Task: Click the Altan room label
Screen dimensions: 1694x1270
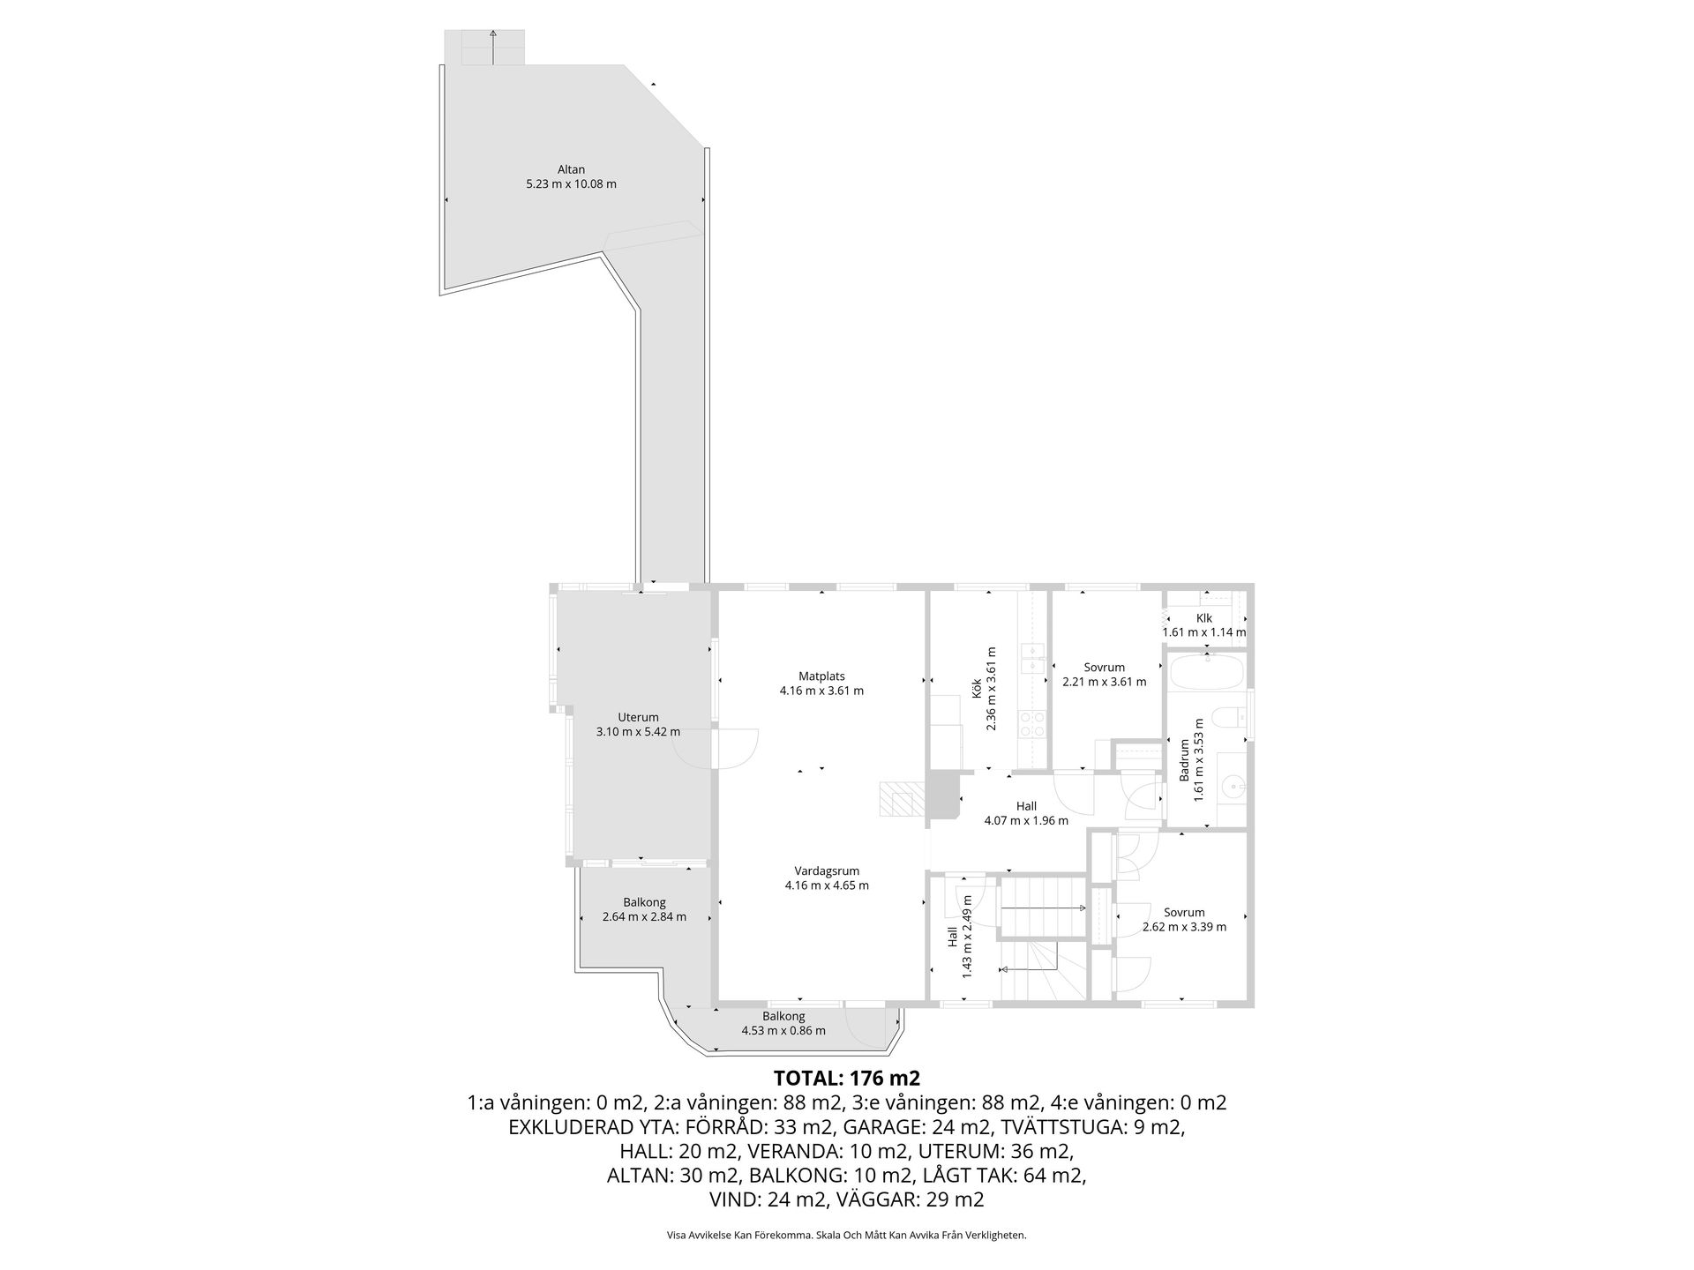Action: (x=571, y=170)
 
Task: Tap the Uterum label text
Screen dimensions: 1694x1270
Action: (x=638, y=717)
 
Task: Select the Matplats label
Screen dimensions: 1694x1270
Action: (x=821, y=676)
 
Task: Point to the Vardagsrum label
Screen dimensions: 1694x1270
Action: (x=827, y=870)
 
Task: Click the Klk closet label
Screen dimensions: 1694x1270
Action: (x=1204, y=618)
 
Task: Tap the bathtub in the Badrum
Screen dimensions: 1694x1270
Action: (x=1205, y=672)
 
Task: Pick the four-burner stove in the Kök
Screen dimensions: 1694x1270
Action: (x=1032, y=724)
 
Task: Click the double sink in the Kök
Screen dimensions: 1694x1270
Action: (x=1032, y=659)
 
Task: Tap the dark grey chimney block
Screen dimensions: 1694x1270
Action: (x=942, y=795)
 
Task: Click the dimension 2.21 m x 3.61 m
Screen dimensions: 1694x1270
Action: (x=1104, y=682)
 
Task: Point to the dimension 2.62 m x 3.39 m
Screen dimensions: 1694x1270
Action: (x=1184, y=927)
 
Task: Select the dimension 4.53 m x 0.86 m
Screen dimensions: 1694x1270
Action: (x=783, y=1031)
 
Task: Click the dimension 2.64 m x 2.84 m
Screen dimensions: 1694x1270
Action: (x=644, y=917)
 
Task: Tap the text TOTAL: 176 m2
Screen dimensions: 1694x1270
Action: (x=847, y=1078)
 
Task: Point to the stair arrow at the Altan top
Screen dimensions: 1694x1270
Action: (x=493, y=47)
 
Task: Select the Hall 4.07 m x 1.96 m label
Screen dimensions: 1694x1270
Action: (x=1026, y=813)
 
